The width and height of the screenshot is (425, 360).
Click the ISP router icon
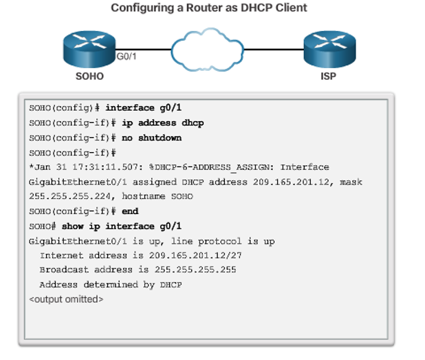tap(328, 46)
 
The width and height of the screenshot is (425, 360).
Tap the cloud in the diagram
tap(208, 49)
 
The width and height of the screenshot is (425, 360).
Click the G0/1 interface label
tap(127, 56)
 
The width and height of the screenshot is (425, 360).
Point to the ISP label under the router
tap(328, 76)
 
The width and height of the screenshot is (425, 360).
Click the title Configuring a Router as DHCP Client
tap(208, 8)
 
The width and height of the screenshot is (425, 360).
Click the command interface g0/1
tap(143, 108)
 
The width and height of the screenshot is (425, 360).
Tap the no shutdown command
tap(152, 138)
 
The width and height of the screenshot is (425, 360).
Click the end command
tap(130, 211)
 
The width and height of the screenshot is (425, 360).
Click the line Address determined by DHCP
tap(110, 284)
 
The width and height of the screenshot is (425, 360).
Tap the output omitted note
tap(66, 299)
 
